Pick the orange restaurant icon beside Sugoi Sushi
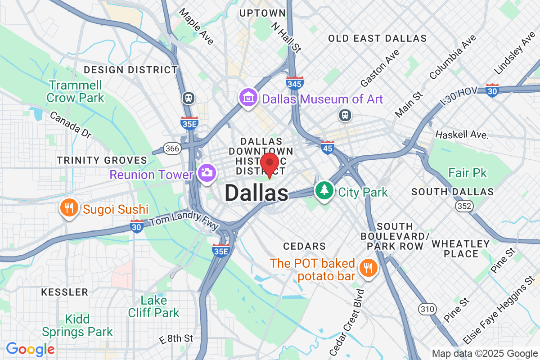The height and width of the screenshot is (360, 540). click(x=68, y=208)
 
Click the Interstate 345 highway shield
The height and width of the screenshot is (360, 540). click(x=294, y=83)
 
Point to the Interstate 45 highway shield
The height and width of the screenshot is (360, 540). click(x=328, y=147)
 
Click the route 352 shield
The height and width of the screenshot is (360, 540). click(x=463, y=206)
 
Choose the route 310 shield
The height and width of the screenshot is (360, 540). click(x=426, y=309)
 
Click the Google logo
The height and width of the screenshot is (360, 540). click(x=30, y=349)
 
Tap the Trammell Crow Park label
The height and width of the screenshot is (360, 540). click(x=75, y=91)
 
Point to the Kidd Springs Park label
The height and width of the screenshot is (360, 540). click(x=77, y=326)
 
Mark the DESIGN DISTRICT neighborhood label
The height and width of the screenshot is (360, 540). click(x=131, y=70)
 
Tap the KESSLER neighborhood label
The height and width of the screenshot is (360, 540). click(x=65, y=292)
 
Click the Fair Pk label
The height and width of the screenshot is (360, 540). click(x=468, y=173)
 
